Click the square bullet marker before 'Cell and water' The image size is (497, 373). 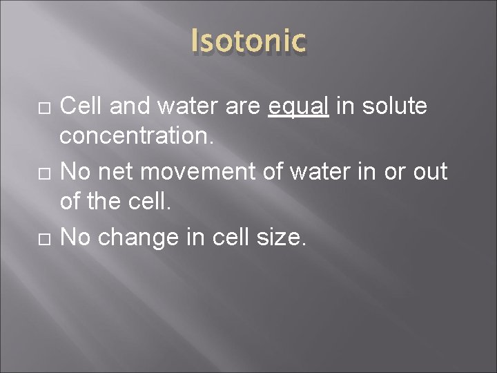pyautogui.click(x=45, y=108)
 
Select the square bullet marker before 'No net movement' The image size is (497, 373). pyautogui.click(x=45, y=170)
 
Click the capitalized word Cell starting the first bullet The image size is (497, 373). pyautogui.click(x=81, y=107)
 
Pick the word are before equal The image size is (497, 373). pyautogui.click(x=246, y=107)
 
